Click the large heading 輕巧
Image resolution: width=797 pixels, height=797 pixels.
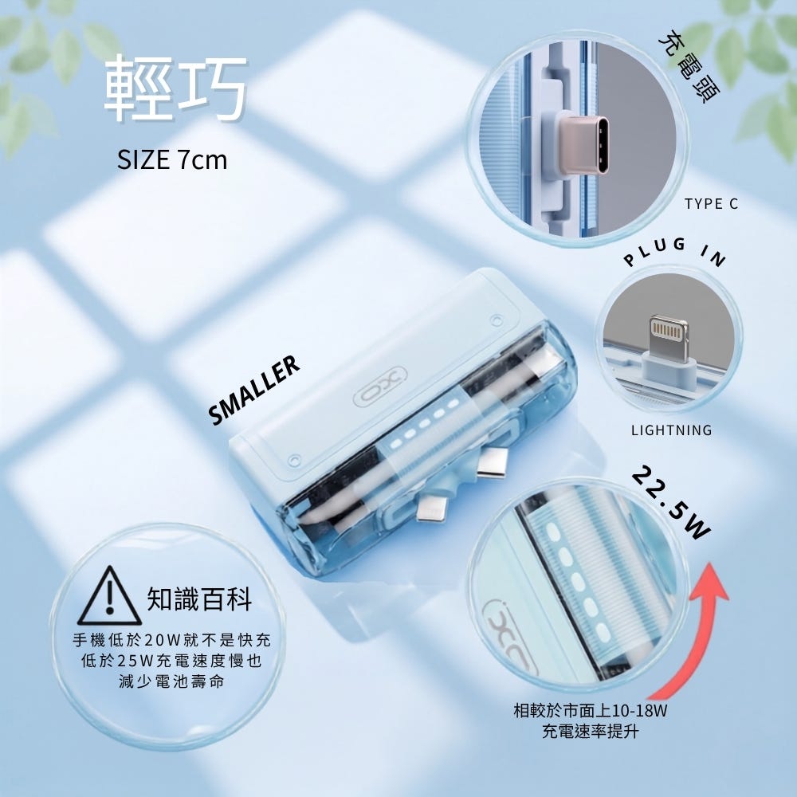[x=176, y=88]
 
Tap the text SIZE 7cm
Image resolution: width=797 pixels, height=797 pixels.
[x=172, y=160]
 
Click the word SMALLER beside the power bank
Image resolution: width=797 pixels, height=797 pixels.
[x=253, y=390]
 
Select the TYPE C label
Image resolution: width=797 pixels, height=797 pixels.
[x=711, y=204]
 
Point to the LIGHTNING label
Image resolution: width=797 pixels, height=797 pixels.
[x=671, y=430]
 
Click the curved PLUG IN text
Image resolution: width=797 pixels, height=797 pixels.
[x=675, y=252]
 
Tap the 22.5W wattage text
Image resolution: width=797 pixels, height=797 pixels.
[x=670, y=503]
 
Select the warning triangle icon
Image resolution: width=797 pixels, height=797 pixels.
[x=109, y=597]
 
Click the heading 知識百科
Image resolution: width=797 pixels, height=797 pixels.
[x=200, y=599]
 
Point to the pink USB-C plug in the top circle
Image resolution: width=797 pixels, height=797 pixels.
[x=583, y=145]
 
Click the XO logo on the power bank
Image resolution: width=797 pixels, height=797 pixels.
[x=380, y=386]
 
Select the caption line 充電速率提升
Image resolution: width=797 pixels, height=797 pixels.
[x=590, y=732]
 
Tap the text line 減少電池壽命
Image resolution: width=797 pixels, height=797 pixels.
[x=171, y=681]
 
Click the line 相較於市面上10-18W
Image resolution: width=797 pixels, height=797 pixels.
[x=590, y=710]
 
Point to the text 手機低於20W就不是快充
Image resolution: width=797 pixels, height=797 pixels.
[x=171, y=640]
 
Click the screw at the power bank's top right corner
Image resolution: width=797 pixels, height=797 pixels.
[x=497, y=320]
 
